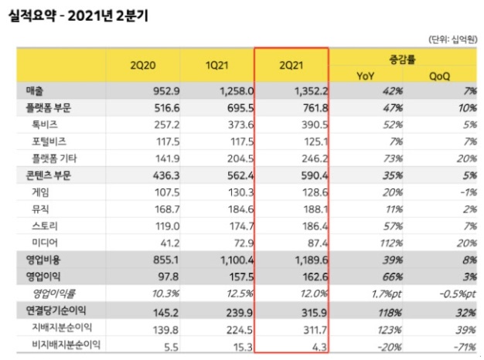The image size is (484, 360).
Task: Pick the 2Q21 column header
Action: tap(291, 66)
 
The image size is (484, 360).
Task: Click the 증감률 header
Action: tap(403, 58)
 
